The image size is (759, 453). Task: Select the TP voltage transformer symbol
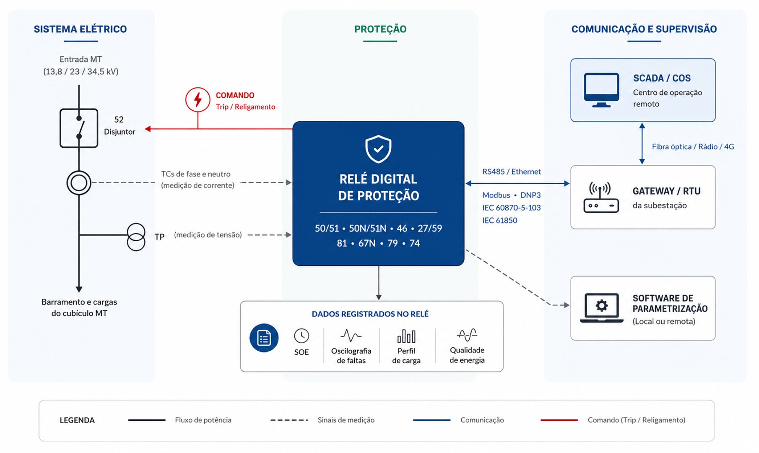[x=136, y=237]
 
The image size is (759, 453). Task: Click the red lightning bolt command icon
[x=198, y=99]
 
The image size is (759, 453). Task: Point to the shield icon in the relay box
[x=378, y=149]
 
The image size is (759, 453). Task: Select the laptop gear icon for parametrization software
[x=601, y=308]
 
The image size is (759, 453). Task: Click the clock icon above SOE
[x=302, y=336]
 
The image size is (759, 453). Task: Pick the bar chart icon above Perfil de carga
[x=406, y=336]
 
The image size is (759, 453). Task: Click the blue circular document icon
[x=264, y=338]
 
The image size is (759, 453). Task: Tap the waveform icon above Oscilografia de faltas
[x=351, y=336]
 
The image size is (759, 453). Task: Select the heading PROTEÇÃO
[x=380, y=29]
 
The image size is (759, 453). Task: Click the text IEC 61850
[x=499, y=220]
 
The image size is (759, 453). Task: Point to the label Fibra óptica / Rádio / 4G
[x=693, y=146]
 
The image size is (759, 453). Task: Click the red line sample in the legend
[x=559, y=420]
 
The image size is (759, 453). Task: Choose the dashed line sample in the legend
[x=289, y=420]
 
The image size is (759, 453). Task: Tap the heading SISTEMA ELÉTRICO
[x=80, y=29]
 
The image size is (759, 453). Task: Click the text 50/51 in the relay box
[x=327, y=228]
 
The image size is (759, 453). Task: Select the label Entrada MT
[x=81, y=59]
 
